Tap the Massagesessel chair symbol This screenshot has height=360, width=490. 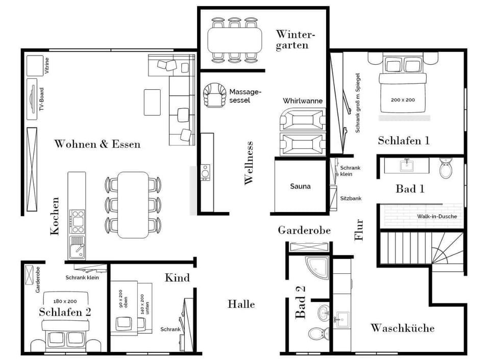click(215, 95)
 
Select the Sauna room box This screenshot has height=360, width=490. click(300, 186)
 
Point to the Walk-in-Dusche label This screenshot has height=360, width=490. click(437, 216)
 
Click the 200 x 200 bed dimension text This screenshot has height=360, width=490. click(403, 100)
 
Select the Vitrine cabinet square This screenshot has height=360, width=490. click(35, 65)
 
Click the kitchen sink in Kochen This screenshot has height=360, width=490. click(77, 247)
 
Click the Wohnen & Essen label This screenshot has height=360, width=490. click(97, 144)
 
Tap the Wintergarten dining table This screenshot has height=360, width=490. click(234, 40)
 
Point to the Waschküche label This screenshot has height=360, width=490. click(402, 328)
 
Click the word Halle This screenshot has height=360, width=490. click(241, 304)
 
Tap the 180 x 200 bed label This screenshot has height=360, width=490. click(65, 301)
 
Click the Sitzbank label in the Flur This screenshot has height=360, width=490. click(351, 198)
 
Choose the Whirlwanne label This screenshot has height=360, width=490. click(303, 101)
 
